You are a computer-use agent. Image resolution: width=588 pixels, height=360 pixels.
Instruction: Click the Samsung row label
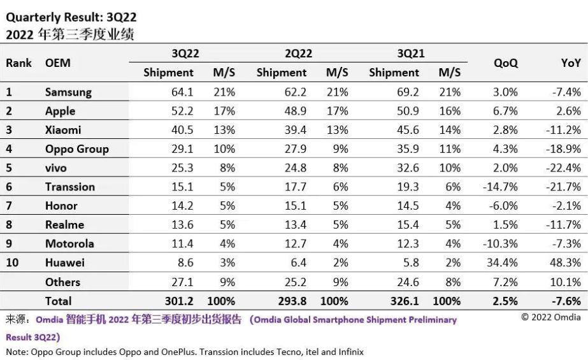[68, 92]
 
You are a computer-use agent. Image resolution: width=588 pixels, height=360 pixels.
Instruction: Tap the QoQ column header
[505, 63]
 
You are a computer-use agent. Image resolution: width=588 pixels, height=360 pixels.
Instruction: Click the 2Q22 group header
[298, 54]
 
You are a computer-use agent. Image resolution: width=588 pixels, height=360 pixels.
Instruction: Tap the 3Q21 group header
[410, 54]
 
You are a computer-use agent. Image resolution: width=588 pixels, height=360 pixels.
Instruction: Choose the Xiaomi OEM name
[64, 130]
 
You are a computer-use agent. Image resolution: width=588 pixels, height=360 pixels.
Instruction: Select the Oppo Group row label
[76, 149]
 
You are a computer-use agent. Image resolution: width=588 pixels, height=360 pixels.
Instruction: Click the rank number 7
[9, 206]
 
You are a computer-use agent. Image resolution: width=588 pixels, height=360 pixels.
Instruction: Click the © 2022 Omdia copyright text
[551, 317]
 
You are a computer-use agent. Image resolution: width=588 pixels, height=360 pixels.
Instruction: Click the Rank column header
[19, 63]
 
